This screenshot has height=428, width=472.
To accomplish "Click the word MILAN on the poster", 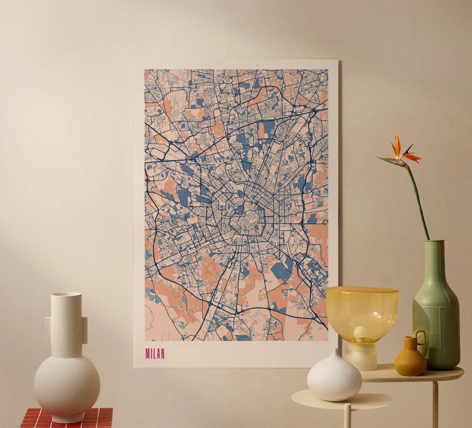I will pyautogui.click(x=155, y=354).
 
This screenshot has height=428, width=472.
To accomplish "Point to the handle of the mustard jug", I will pyautogui.click(x=420, y=336).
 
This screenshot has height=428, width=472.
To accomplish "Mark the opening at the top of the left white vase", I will pyautogui.click(x=66, y=295).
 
